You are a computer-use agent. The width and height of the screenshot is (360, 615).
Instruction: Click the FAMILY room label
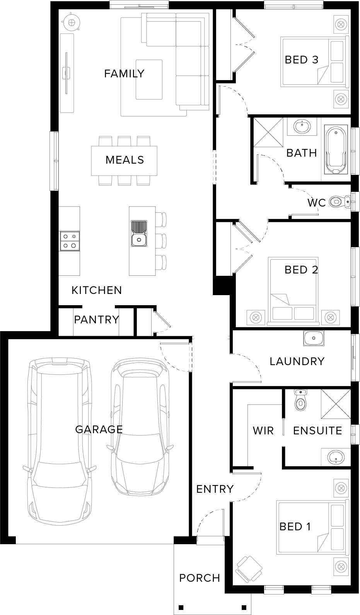tap(124, 73)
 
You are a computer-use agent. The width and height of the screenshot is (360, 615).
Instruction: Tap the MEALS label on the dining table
tap(125, 160)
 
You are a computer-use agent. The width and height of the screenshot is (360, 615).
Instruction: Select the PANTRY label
tap(97, 319)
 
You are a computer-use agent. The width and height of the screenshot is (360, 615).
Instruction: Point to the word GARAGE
tap(99, 429)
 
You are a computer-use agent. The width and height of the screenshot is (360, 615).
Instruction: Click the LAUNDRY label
tap(297, 361)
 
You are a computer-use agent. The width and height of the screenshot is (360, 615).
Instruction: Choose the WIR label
tap(263, 430)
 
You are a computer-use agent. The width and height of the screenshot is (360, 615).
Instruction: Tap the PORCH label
tap(200, 578)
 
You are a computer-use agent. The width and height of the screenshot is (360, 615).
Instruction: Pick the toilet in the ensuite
tap(301, 400)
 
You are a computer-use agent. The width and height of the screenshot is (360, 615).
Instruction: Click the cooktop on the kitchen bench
tap(70, 241)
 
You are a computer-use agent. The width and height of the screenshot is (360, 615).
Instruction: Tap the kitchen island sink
tap(139, 233)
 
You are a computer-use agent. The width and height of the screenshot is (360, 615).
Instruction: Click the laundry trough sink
tap(314, 338)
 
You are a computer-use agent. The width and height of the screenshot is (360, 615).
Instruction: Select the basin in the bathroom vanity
tap(302, 126)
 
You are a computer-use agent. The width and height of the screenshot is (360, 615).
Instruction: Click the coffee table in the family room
tap(149, 80)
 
